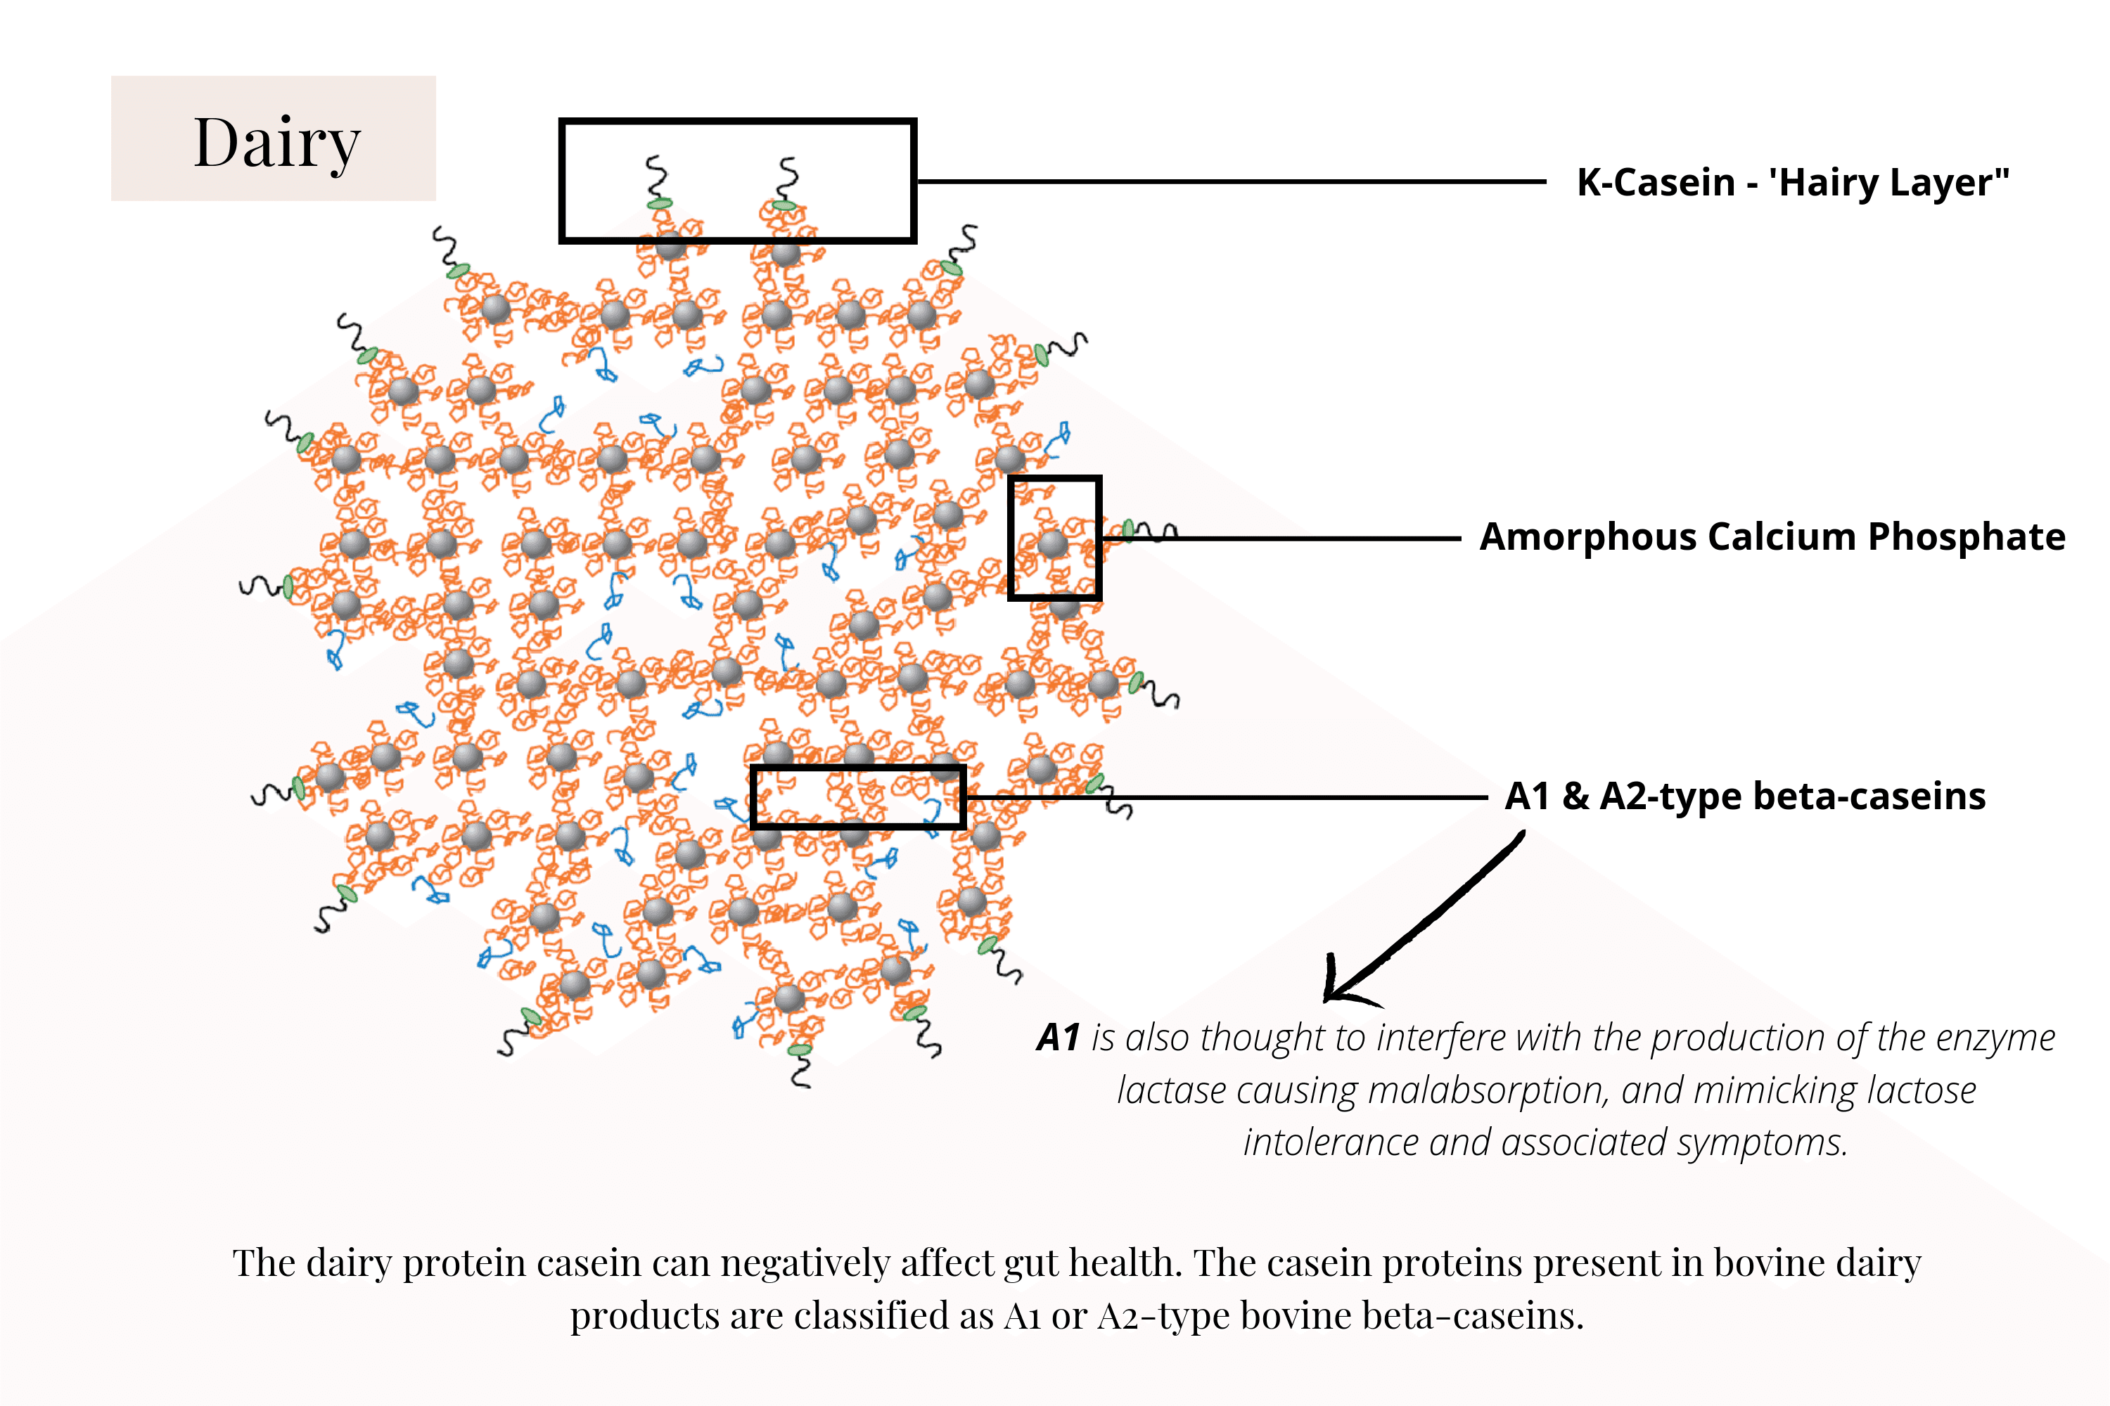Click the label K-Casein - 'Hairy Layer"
pyautogui.click(x=1792, y=182)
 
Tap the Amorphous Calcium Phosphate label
pyautogui.click(x=1772, y=537)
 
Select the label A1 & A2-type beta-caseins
pyautogui.click(x=1745, y=796)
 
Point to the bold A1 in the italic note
pyautogui.click(x=1058, y=1038)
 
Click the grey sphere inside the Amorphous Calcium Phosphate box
pyautogui.click(x=1052, y=543)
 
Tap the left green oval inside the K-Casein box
pyautogui.click(x=660, y=204)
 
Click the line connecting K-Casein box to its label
pyautogui.click(x=1229, y=182)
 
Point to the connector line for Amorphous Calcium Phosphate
pyautogui.click(x=1283, y=539)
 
